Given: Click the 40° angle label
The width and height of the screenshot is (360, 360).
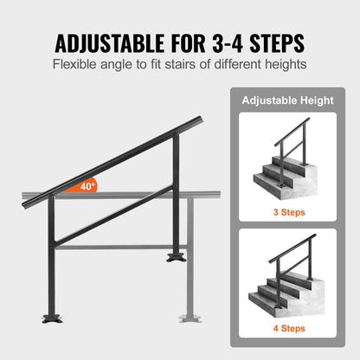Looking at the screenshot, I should (x=87, y=185).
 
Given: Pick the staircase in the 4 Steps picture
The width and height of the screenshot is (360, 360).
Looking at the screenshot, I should (x=281, y=290).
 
